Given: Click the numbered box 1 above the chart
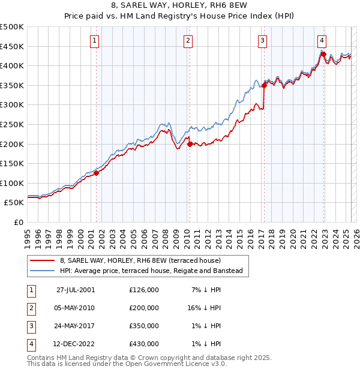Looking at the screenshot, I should coord(95,41).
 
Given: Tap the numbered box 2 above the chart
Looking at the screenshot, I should coord(188,41).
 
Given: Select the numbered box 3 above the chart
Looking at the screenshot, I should coord(263,41).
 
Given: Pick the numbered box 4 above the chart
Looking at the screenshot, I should coord(322,41).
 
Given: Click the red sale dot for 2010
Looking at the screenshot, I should coord(190,144).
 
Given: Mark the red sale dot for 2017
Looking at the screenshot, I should coord(264,85).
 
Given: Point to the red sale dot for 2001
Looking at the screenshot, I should coord(96,173).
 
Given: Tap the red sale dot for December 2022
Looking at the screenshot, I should coord(323,54).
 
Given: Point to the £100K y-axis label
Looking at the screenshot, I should coord(12,183).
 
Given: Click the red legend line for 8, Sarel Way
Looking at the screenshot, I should coord(42,261).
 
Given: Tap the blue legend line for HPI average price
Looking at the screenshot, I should coord(42,271).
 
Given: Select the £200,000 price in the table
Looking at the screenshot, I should coord(144,308).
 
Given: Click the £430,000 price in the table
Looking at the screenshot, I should coord(144,344).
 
